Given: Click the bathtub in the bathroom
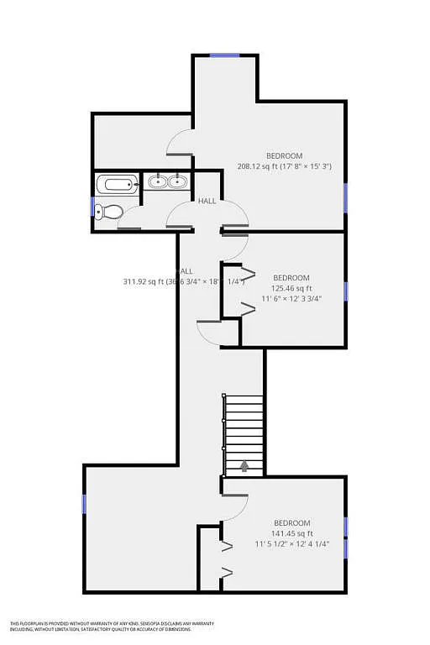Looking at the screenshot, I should (117, 185).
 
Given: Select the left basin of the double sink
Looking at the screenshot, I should (157, 181).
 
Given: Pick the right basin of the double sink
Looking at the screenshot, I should (176, 181).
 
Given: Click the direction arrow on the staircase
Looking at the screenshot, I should (244, 464).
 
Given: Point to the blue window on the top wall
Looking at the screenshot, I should (224, 55).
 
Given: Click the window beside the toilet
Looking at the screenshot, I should (92, 206).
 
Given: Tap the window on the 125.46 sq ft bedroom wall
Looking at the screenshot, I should (345, 291).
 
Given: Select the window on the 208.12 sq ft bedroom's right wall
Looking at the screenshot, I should (345, 197).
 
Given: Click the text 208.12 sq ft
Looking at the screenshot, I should (261, 166).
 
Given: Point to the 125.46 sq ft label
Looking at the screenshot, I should (291, 288).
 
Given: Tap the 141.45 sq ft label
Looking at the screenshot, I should (291, 533).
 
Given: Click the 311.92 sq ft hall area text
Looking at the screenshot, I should (149, 281).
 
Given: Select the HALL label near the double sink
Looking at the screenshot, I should (207, 202).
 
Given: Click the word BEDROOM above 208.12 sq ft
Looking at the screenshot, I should (284, 156).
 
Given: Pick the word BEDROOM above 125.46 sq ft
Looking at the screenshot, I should (291, 278).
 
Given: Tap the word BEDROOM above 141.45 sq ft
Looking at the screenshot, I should (291, 523).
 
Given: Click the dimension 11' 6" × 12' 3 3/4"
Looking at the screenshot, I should (291, 298).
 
